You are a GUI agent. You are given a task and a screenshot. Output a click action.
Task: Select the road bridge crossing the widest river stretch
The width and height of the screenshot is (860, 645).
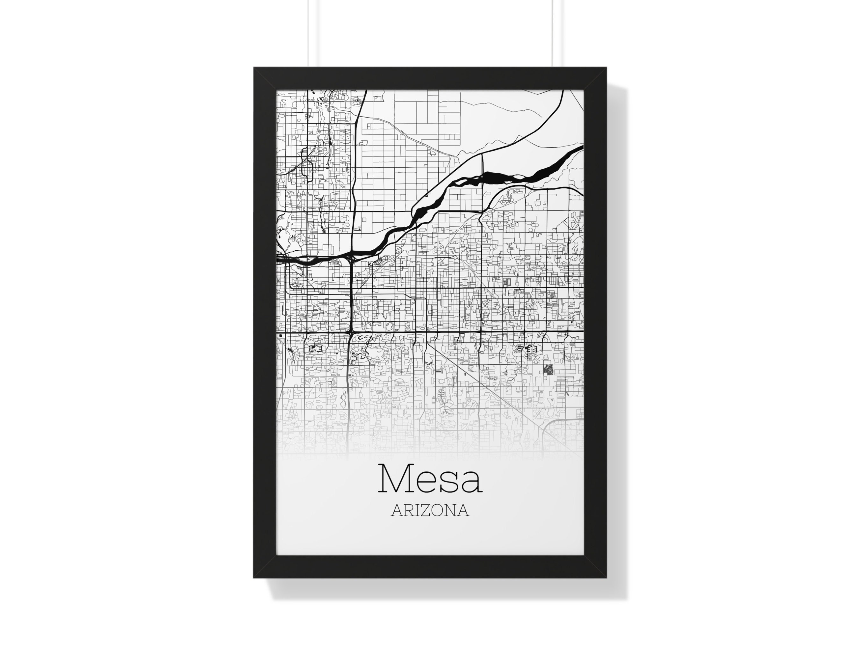coord(483,178)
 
